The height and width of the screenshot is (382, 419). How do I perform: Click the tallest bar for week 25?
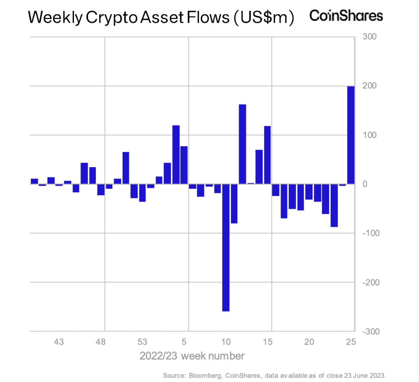tap(351, 135)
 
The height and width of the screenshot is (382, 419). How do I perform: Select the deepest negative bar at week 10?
tap(226, 247)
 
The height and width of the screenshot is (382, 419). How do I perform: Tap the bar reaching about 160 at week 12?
tap(242, 144)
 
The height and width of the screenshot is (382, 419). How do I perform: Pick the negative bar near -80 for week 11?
tap(234, 203)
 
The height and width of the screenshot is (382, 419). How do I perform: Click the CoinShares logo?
tap(346, 16)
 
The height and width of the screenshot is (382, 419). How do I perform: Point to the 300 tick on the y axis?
tap(370, 37)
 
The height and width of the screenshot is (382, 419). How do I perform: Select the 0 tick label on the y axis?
tap(365, 184)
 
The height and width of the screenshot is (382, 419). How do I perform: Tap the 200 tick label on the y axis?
tap(370, 86)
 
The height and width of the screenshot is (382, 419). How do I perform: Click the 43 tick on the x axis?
tap(59, 342)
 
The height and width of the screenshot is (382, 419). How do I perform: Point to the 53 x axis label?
tap(142, 342)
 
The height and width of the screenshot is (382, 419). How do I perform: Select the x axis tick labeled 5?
tap(184, 342)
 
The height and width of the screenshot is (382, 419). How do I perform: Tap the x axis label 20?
tap(309, 342)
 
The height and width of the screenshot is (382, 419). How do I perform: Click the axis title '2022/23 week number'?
tap(192, 355)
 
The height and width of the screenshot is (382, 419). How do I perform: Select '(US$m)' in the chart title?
tap(264, 17)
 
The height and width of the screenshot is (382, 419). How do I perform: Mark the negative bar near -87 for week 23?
tap(334, 205)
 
